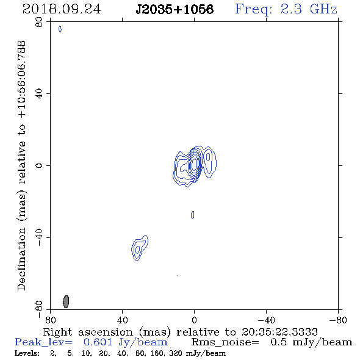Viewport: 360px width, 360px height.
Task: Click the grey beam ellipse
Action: (x=66, y=301)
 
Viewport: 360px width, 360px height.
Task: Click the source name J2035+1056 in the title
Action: (x=175, y=9)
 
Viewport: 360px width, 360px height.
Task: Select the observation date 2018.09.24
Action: (x=62, y=9)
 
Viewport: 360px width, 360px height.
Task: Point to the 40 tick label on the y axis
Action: (x=39, y=94)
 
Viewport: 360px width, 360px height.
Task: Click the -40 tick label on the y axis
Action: (x=39, y=237)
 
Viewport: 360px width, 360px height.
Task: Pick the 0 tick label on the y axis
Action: (x=39, y=165)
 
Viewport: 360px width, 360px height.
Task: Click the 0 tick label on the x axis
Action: (x=194, y=320)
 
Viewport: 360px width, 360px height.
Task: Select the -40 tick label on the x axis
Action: (x=266, y=320)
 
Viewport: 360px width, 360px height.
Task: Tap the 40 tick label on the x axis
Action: (x=123, y=320)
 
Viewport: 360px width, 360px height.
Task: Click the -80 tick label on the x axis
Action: (x=338, y=320)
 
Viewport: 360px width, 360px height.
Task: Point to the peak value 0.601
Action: (x=98, y=342)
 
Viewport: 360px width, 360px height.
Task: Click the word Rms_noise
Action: (x=225, y=342)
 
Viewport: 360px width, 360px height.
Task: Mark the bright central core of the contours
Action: (x=195, y=164)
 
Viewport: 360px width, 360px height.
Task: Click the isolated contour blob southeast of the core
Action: (x=140, y=248)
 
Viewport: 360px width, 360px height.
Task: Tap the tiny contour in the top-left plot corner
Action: (x=60, y=29)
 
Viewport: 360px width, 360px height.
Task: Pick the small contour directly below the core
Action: (x=193, y=215)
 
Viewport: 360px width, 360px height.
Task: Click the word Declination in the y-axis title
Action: (x=21, y=259)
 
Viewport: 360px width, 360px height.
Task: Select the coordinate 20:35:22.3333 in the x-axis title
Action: (x=279, y=332)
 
